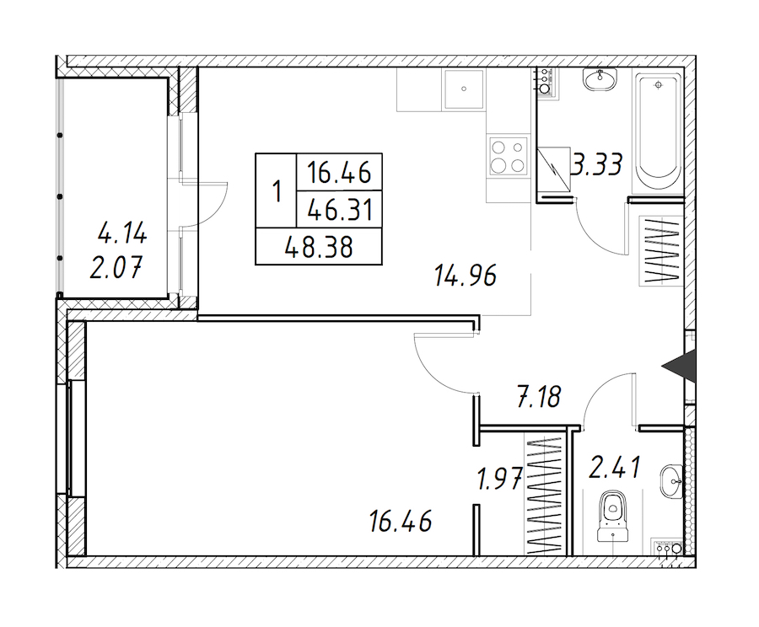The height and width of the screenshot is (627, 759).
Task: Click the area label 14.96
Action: pos(466,276)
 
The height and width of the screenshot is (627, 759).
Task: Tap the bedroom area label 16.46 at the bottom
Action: pos(401,521)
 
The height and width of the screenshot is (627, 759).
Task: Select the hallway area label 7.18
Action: pos(539,397)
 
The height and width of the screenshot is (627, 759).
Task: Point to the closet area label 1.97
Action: pos(499,480)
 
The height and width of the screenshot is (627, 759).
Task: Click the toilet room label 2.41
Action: pos(615,468)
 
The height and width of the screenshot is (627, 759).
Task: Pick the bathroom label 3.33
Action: pos(596,164)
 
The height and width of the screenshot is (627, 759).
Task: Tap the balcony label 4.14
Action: pos(122,234)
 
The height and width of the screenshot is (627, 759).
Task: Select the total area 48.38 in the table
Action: pos(319,248)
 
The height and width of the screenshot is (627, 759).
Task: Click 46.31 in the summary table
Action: pos(340,211)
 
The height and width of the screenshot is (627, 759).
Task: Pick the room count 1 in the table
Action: pos(277,191)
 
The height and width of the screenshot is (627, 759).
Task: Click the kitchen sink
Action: pos(464,89)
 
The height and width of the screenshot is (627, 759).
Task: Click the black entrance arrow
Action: pos(680,367)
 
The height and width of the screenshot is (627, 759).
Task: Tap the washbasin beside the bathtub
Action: pos(600,79)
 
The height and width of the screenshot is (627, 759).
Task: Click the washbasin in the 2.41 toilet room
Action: pos(672,481)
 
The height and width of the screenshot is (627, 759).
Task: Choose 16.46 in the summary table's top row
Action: pos(340,173)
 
